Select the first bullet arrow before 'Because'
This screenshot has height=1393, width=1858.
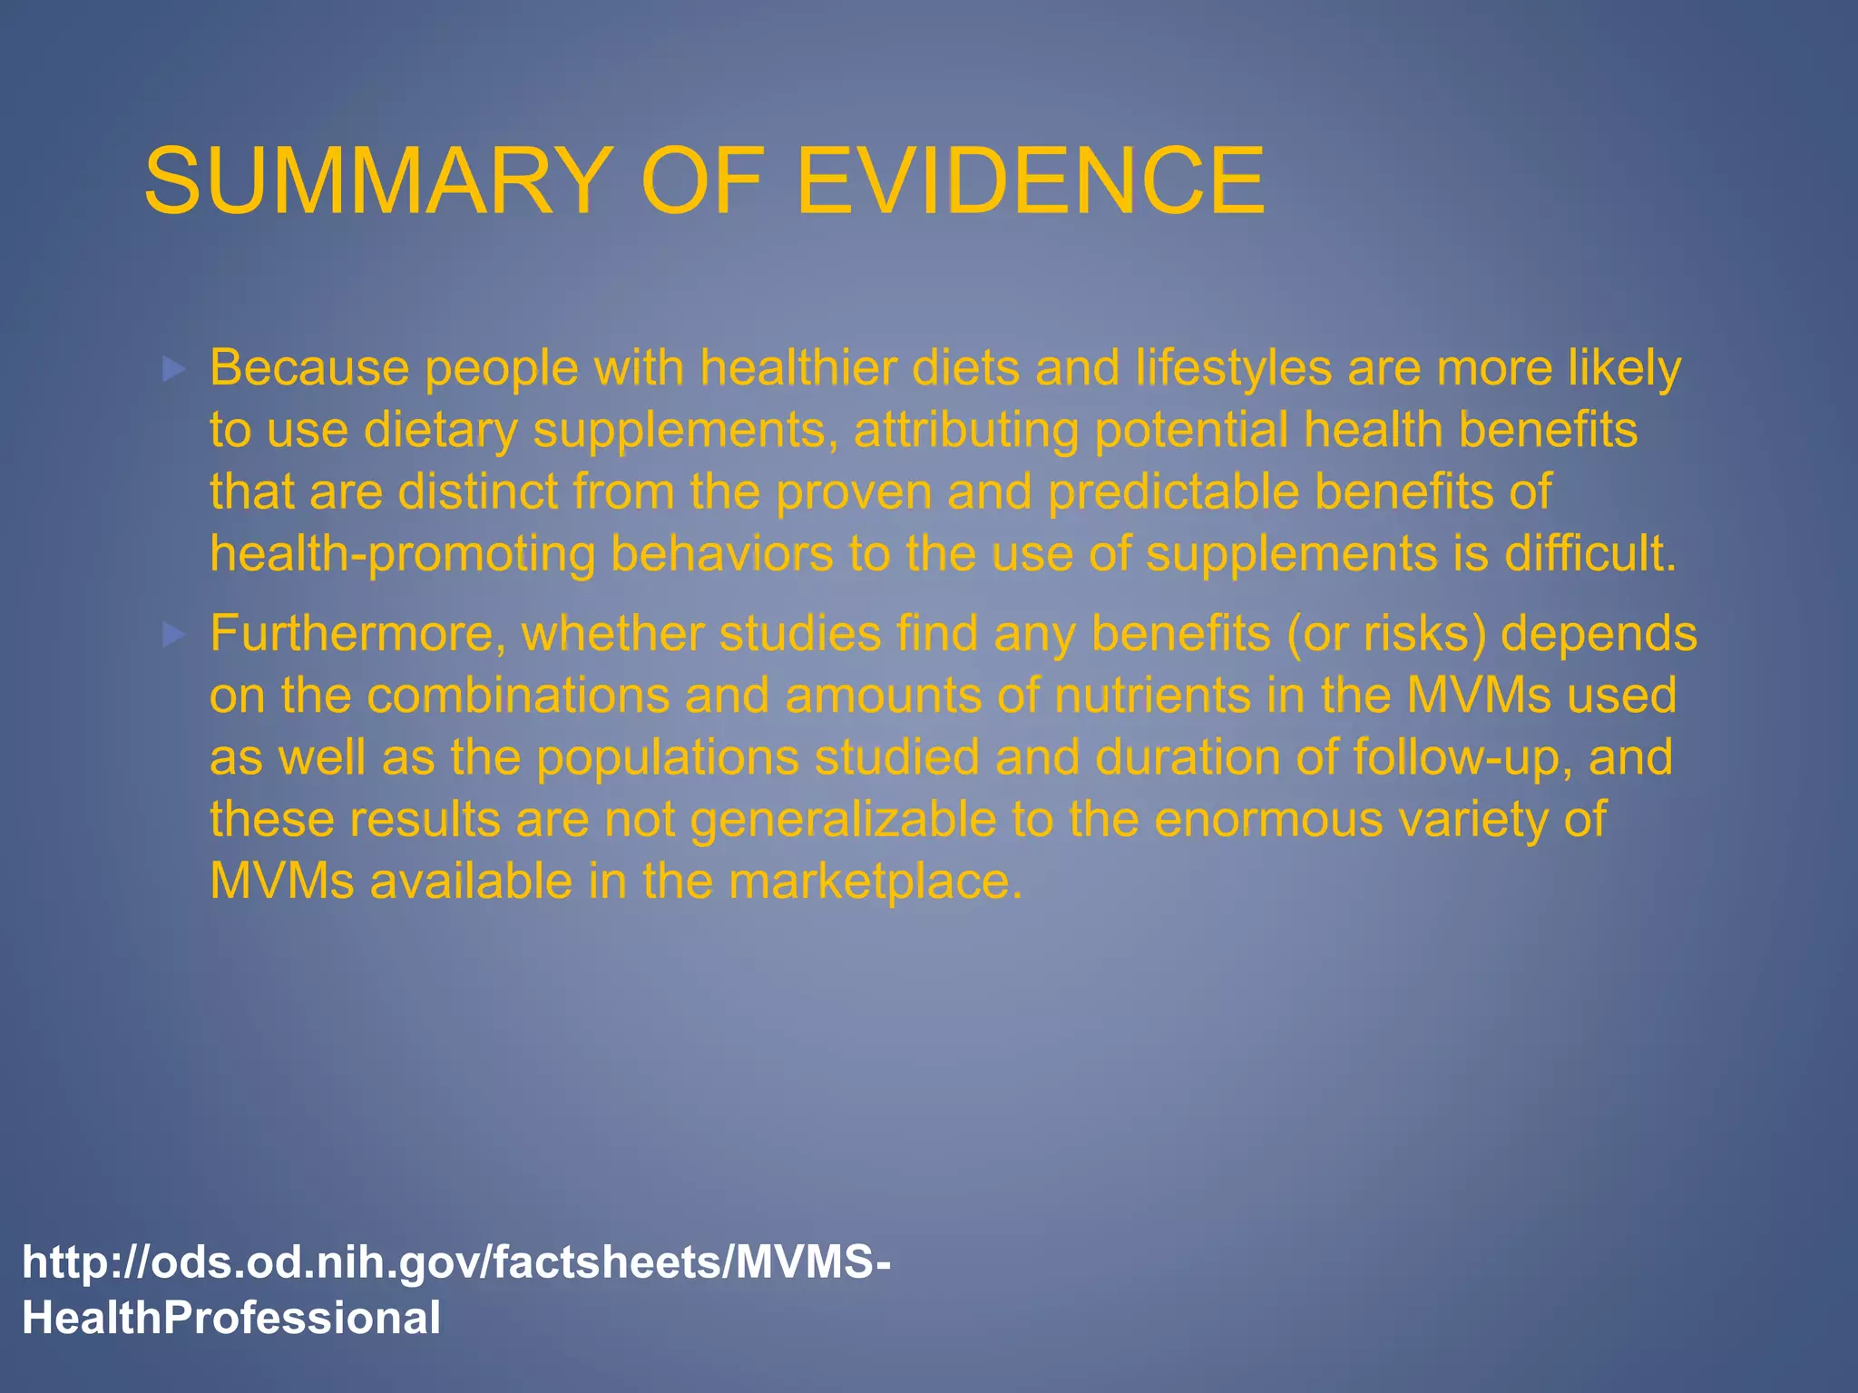coord(173,369)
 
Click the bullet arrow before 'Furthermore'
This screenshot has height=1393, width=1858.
coord(173,635)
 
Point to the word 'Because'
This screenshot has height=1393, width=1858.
coord(309,368)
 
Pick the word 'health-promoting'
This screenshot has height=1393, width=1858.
coord(403,553)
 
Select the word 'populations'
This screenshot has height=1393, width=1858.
coord(668,757)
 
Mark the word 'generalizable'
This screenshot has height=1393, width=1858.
coord(843,820)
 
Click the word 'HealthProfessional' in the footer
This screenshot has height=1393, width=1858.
coord(231,1318)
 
